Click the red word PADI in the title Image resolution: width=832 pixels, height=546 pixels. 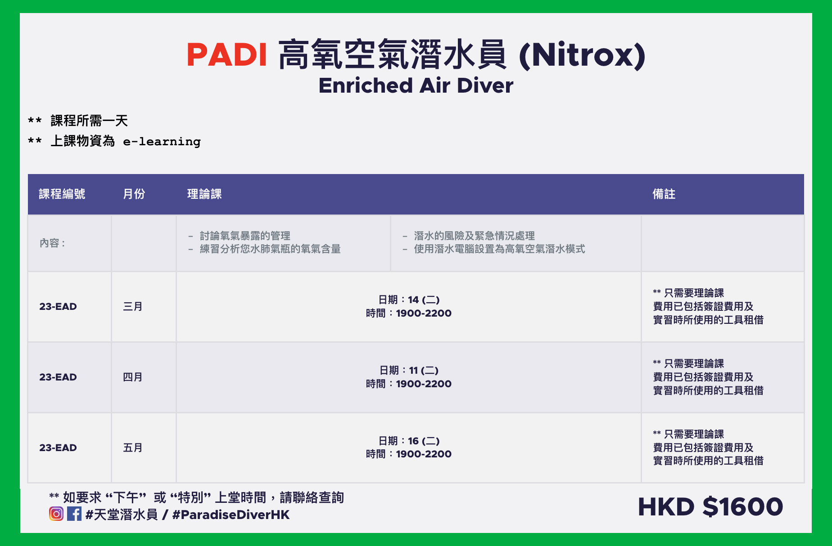pyautogui.click(x=227, y=55)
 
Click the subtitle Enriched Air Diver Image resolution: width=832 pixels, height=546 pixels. pyautogui.click(x=416, y=85)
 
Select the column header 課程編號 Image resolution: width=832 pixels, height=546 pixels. pyautogui.click(x=62, y=194)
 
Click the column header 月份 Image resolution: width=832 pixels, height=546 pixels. pyautogui.click(x=134, y=194)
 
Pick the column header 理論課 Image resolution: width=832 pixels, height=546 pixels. pyautogui.click(x=204, y=194)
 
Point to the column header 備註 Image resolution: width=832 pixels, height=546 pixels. pyautogui.click(x=664, y=194)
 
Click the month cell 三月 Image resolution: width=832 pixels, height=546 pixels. pyautogui.click(x=133, y=307)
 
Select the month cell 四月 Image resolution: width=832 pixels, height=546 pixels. pyautogui.click(x=133, y=377)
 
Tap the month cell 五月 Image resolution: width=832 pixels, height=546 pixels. pyautogui.click(x=133, y=448)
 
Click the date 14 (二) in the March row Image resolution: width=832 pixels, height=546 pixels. pyautogui.click(x=424, y=300)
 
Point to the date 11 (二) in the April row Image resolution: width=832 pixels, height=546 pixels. pyautogui.click(x=424, y=371)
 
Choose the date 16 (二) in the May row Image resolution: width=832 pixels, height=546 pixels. pyautogui.click(x=424, y=441)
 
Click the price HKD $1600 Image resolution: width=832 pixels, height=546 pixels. pyautogui.click(x=710, y=507)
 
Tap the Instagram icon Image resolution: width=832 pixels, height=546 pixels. pyautogui.click(x=56, y=514)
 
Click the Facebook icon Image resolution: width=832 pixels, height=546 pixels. pyautogui.click(x=74, y=514)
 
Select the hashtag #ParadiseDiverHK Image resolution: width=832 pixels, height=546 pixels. pyautogui.click(x=231, y=515)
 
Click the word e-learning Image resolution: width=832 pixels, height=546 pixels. pyautogui.click(x=162, y=142)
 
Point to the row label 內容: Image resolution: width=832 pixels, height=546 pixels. pyautogui.click(x=52, y=243)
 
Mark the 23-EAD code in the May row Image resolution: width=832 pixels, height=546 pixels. pyautogui.click(x=58, y=448)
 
